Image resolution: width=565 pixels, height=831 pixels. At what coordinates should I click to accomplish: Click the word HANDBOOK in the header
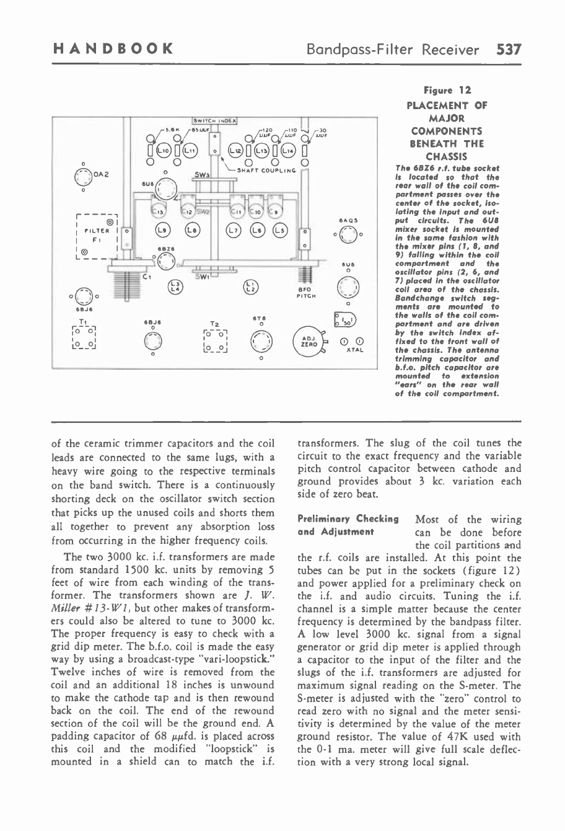click(x=112, y=49)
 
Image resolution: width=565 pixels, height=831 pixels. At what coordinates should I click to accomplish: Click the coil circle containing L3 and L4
click(x=175, y=286)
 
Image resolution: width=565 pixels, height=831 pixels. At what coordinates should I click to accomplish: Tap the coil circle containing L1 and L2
click(x=252, y=286)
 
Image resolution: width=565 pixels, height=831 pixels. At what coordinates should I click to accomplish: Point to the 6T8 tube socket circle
click(x=261, y=340)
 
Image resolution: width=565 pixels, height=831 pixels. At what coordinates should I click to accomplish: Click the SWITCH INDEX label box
click(x=214, y=121)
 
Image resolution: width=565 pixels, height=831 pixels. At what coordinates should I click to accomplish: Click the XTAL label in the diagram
click(x=354, y=350)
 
